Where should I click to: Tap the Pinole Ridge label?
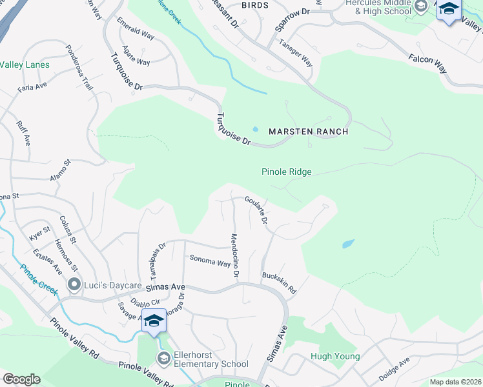pos(286,172)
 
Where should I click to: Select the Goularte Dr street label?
pos(256,211)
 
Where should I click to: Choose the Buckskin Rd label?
pos(279,283)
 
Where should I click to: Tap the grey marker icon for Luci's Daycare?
pos(74,284)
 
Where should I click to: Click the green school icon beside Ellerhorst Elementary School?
pos(163,358)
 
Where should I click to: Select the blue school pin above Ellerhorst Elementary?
pos(154,321)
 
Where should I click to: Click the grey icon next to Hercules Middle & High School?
pos(421,8)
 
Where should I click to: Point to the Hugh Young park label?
pos(331,356)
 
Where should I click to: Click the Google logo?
pos(21,379)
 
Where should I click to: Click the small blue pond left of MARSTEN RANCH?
pos(256,129)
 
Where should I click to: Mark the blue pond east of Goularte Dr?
pos(348,244)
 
